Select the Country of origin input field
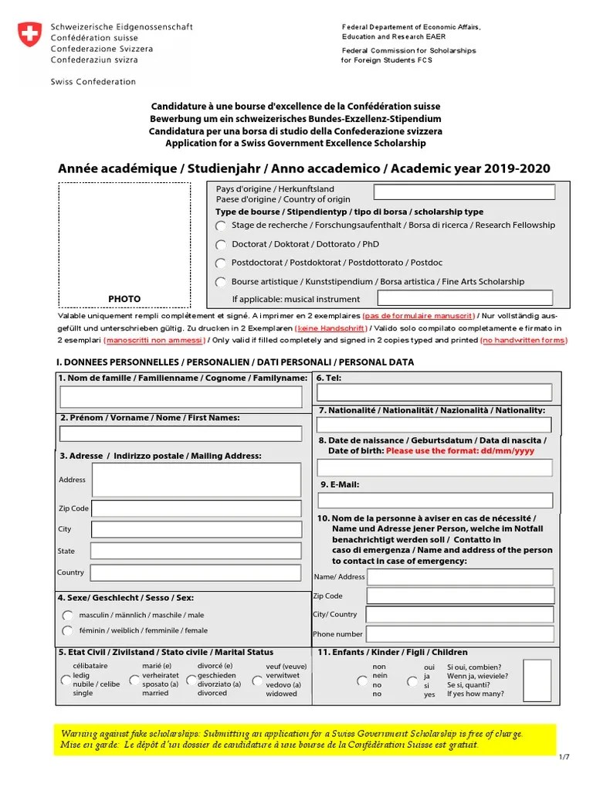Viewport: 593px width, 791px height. click(x=463, y=192)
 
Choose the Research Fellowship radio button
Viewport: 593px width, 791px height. click(x=222, y=226)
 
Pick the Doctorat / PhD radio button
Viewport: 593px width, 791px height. click(x=222, y=245)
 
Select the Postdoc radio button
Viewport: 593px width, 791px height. click(x=222, y=263)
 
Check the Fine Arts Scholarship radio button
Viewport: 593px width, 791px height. click(x=222, y=283)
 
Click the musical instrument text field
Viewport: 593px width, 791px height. click(x=465, y=298)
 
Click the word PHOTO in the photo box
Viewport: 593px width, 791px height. click(x=124, y=299)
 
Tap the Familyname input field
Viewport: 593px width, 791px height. click(x=181, y=397)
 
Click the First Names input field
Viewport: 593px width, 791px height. click(x=181, y=433)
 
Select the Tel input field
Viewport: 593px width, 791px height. click(x=435, y=392)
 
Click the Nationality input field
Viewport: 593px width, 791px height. click(x=435, y=425)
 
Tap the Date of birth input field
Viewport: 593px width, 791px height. click(x=435, y=467)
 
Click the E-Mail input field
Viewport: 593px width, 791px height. click(x=435, y=500)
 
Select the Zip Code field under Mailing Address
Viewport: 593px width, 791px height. click(x=196, y=508)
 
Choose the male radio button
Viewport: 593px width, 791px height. click(x=68, y=616)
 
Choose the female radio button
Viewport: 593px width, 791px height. click(x=68, y=631)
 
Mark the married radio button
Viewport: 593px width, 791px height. click(x=135, y=681)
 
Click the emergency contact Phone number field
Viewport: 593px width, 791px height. click(x=460, y=634)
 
